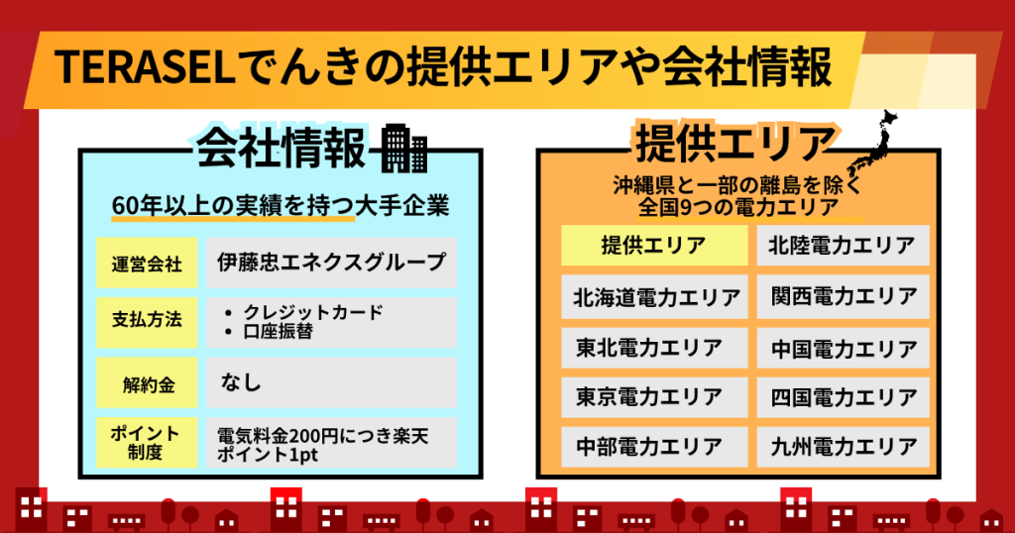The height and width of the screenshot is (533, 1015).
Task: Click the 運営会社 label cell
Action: click(x=147, y=263)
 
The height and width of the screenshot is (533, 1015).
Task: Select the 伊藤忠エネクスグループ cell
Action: click(x=331, y=263)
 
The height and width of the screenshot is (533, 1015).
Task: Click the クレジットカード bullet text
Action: click(x=312, y=312)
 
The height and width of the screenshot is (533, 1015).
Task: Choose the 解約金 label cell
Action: click(x=147, y=383)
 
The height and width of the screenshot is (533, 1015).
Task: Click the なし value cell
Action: click(x=331, y=383)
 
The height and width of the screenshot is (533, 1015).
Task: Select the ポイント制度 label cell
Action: click(x=147, y=443)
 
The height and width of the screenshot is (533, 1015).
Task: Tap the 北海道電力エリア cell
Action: click(x=654, y=297)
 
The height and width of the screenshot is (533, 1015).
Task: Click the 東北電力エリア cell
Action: click(x=654, y=348)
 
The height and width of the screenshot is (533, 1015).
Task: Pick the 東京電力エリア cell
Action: click(x=654, y=397)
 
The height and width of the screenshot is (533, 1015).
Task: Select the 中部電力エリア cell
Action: click(x=654, y=447)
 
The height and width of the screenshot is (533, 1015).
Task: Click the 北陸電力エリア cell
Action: click(x=843, y=245)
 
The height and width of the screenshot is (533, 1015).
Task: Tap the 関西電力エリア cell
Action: click(x=843, y=297)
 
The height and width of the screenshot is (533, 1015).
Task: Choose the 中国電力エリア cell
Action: click(x=843, y=348)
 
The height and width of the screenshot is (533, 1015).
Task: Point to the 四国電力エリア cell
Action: click(x=843, y=397)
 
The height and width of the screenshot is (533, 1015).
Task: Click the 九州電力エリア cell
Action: click(x=843, y=447)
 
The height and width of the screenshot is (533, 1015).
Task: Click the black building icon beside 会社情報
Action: click(x=404, y=149)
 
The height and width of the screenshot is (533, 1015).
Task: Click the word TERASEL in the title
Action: click(x=145, y=67)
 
